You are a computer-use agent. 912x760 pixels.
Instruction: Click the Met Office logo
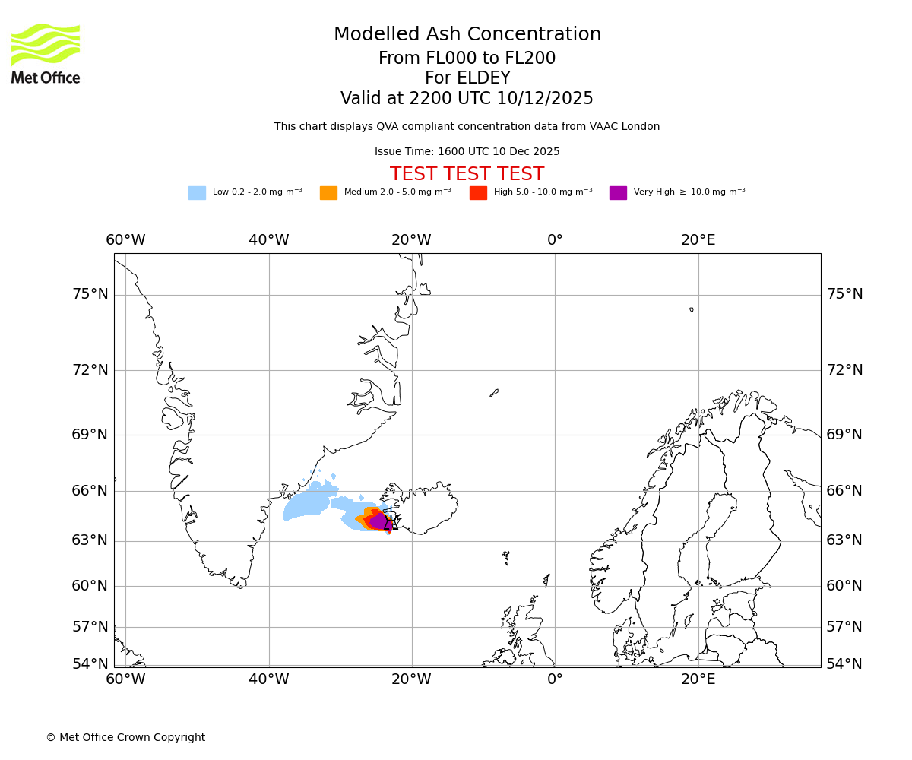(x=46, y=53)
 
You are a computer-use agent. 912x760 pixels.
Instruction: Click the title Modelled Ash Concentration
(x=467, y=34)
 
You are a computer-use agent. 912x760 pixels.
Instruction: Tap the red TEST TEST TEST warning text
(x=467, y=174)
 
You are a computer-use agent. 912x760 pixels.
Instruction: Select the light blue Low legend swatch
(x=197, y=192)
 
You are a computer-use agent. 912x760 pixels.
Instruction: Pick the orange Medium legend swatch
(x=328, y=192)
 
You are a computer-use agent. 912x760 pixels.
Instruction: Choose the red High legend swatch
(x=478, y=192)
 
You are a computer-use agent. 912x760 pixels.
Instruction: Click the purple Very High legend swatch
(x=618, y=192)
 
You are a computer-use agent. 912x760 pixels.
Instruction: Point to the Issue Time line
(x=467, y=151)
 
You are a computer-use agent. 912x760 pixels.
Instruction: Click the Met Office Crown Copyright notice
(x=125, y=737)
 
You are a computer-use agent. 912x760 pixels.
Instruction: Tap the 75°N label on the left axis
(x=90, y=294)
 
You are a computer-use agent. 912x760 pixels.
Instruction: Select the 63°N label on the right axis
(x=844, y=540)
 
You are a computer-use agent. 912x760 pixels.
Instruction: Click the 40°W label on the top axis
(x=268, y=240)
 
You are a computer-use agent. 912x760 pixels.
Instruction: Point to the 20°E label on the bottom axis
(x=698, y=679)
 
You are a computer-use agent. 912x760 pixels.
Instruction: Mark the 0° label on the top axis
(x=555, y=240)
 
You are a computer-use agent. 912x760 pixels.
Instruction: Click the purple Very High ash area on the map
(x=378, y=521)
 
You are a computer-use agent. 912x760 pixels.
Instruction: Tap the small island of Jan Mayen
(x=494, y=393)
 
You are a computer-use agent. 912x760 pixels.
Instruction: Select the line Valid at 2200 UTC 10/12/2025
(x=467, y=98)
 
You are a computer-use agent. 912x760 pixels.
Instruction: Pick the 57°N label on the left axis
(x=90, y=627)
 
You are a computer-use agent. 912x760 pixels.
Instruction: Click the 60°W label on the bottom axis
(x=125, y=679)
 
